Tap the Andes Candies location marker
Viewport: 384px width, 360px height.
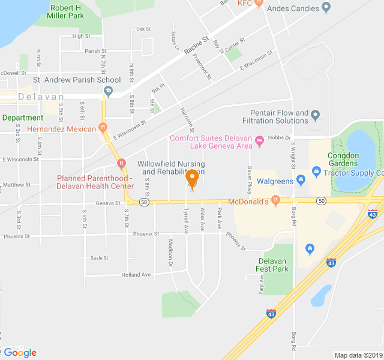pyautogui.click(x=326, y=7)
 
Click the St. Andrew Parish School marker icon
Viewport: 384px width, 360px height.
pyautogui.click(x=108, y=91)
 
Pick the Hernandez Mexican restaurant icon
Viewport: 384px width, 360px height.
pyautogui.click(x=103, y=128)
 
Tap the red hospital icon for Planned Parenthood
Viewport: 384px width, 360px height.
pyautogui.click(x=122, y=163)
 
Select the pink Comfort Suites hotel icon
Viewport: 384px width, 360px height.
pyautogui.click(x=259, y=142)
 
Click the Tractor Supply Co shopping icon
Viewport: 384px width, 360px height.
pyautogui.click(x=316, y=173)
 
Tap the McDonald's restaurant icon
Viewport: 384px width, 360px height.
pyautogui.click(x=275, y=201)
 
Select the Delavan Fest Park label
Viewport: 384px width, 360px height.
pyautogui.click(x=273, y=265)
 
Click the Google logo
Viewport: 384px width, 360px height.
pyautogui.click(x=20, y=352)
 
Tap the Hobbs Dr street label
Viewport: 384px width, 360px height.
pyautogui.click(x=279, y=138)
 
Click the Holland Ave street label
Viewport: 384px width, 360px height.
pyautogui.click(x=136, y=275)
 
